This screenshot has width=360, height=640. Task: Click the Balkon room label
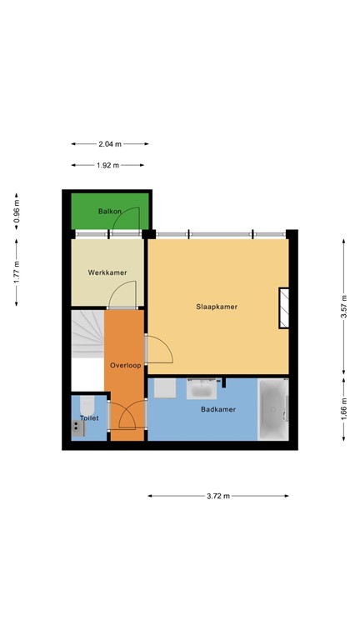point(109,212)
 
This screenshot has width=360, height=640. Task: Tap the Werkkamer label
point(107,272)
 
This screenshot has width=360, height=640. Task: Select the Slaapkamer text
point(217,307)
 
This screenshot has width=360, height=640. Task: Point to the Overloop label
point(126,365)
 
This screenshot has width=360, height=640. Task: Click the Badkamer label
point(218,409)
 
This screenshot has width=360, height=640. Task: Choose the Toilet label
point(89,418)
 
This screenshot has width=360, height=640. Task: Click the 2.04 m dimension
point(110,143)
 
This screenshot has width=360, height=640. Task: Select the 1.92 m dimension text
point(107,165)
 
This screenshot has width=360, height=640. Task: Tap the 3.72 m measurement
point(218,496)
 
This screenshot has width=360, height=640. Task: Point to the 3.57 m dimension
point(344,306)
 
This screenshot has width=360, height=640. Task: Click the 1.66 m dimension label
point(344,409)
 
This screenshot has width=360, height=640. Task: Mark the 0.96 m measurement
point(17,212)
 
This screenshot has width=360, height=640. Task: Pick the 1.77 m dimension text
point(17,272)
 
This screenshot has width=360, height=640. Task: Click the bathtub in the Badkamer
point(273,409)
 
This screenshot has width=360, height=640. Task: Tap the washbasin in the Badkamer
point(202,389)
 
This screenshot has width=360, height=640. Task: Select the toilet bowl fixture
point(87,405)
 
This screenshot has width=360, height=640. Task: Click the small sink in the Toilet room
point(78,428)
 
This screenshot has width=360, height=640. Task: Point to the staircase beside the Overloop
point(87,334)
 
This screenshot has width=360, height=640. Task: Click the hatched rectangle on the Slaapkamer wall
point(283,307)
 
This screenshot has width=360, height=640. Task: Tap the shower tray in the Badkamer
point(165,388)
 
